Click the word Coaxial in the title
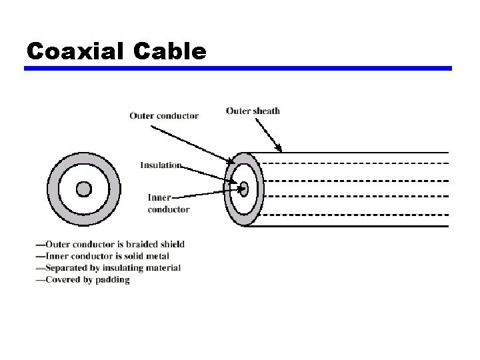[74, 51]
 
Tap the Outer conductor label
[163, 115]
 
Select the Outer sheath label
[253, 111]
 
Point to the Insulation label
[161, 165]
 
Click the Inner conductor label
[168, 203]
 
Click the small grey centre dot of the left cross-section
[83, 189]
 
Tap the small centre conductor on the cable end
[244, 188]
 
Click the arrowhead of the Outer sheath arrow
[280, 149]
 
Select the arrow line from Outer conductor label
[200, 143]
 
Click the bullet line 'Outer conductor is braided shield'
[111, 245]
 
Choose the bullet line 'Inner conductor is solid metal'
[103, 256]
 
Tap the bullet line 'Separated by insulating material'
[109, 268]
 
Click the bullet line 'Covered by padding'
[83, 280]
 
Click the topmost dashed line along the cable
[353, 163]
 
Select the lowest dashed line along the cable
[353, 214]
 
